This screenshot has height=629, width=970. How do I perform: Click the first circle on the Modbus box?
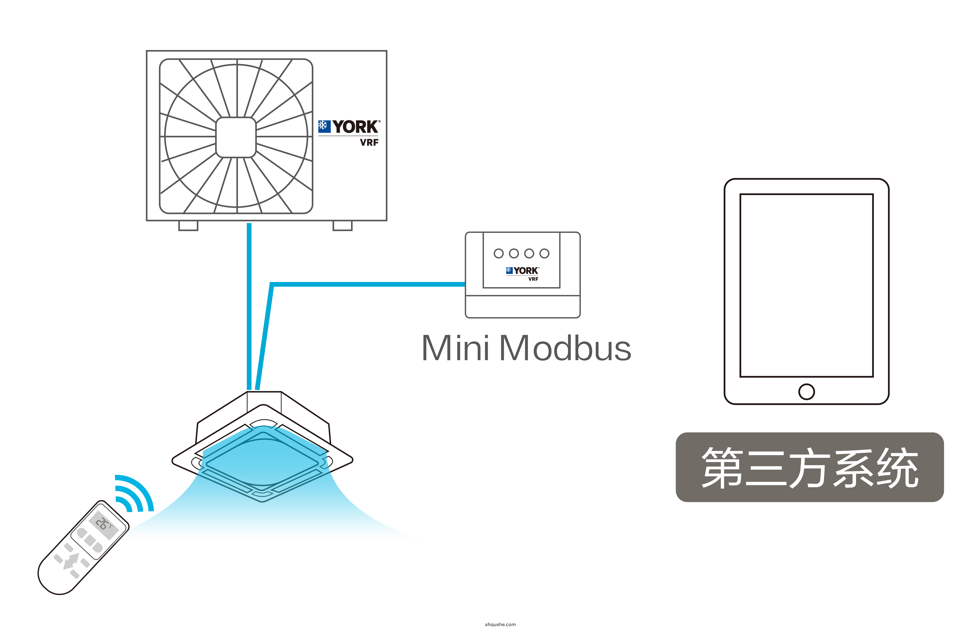pyautogui.click(x=498, y=254)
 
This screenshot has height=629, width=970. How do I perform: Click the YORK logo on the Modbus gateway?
pyautogui.click(x=523, y=271)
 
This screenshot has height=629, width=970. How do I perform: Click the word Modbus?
pyautogui.click(x=565, y=348)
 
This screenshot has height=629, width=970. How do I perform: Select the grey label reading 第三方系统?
pyautogui.click(x=809, y=467)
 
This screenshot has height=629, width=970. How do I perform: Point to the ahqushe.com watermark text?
pyautogui.click(x=500, y=624)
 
